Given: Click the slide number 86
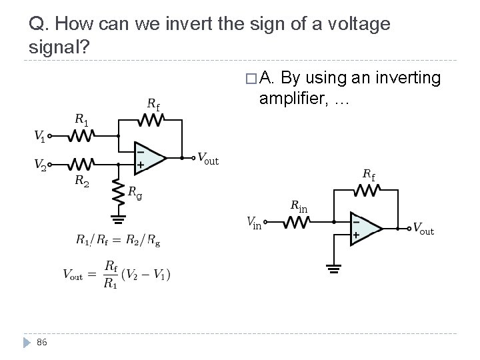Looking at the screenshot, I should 42,343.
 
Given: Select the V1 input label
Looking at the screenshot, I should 39,137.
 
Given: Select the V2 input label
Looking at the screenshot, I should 39,163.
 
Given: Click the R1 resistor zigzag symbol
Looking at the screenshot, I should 80,136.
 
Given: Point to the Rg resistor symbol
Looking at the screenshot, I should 118,192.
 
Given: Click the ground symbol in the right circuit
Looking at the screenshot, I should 333,269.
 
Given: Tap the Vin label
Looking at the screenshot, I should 254,222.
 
